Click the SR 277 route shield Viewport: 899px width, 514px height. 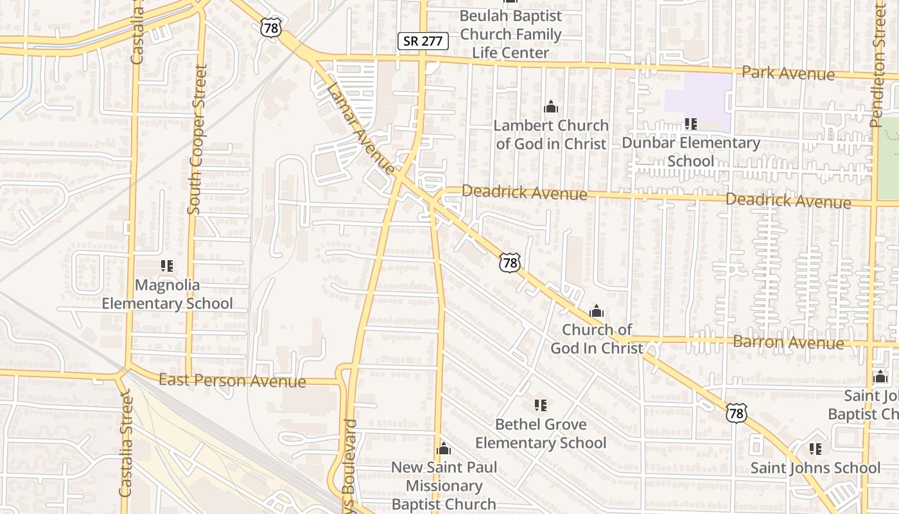pyautogui.click(x=423, y=41)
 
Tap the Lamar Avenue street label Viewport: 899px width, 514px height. pyautogui.click(x=360, y=128)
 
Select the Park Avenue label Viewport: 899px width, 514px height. pyautogui.click(x=788, y=73)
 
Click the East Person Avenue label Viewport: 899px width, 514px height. pyautogui.click(x=232, y=380)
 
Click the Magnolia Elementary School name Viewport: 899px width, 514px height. pyautogui.click(x=167, y=294)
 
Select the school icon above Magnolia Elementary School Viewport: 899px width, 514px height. pyautogui.click(x=167, y=265)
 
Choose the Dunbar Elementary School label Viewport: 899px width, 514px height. pyautogui.click(x=690, y=151)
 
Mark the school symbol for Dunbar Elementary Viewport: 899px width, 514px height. pyautogui.click(x=690, y=123)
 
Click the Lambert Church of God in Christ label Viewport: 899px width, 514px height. pyautogui.click(x=550, y=134)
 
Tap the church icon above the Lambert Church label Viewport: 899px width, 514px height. pyautogui.click(x=550, y=107)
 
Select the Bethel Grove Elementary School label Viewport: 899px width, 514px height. pyautogui.click(x=541, y=434)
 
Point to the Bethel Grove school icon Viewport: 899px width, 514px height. pyautogui.click(x=541, y=405)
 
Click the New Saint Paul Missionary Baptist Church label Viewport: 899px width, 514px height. pyautogui.click(x=444, y=486)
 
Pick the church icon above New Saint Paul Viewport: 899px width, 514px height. pyautogui.click(x=443, y=448)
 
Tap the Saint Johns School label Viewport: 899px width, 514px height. pyautogui.click(x=816, y=468)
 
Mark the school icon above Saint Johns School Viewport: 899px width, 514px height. pyautogui.click(x=816, y=448)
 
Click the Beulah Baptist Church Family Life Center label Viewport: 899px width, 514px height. pyautogui.click(x=511, y=34)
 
